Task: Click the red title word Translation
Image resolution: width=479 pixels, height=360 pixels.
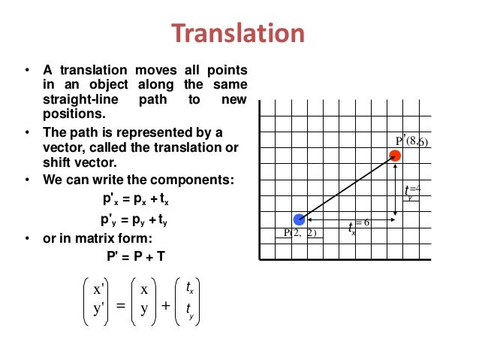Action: pyautogui.click(x=239, y=34)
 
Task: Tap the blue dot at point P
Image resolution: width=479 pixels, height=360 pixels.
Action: pyautogui.click(x=300, y=220)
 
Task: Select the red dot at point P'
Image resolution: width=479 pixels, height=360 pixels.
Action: pyautogui.click(x=395, y=156)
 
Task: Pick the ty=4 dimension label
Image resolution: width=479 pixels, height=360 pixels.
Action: pyautogui.click(x=412, y=192)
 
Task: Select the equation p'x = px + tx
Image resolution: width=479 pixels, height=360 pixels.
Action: pyautogui.click(x=136, y=201)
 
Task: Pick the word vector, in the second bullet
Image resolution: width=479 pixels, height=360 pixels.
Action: pyautogui.click(x=61, y=147)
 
